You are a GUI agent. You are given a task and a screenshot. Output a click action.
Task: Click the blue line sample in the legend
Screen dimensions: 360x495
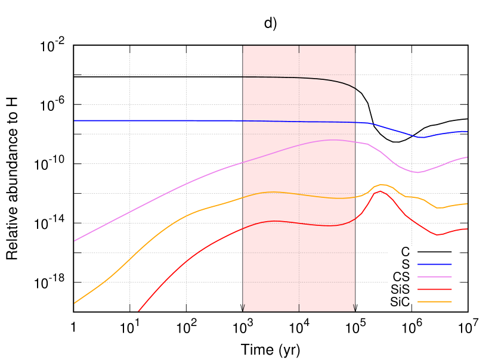pos(434,264)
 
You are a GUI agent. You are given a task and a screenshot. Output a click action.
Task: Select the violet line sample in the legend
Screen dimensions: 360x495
pos(434,277)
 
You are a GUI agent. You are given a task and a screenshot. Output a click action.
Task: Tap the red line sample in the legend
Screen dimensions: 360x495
pos(434,289)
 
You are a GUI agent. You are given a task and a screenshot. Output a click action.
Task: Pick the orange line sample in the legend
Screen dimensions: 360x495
pos(434,302)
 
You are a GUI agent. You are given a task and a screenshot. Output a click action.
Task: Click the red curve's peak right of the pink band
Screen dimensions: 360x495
pos(380,191)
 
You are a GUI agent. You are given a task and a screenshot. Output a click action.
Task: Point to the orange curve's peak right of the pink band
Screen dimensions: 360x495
pos(382,184)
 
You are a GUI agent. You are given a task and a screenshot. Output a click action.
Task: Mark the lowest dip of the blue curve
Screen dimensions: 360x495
pos(421,137)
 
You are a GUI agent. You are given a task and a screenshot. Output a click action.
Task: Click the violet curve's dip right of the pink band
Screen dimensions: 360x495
pos(417,172)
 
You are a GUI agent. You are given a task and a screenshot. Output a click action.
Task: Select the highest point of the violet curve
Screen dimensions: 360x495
pos(334,140)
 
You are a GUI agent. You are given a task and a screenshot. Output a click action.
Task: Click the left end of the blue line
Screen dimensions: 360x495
pos(74,121)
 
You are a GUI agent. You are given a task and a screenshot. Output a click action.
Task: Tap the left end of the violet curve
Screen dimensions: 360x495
pos(74,241)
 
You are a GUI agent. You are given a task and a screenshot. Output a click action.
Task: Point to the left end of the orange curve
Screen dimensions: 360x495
pos(74,303)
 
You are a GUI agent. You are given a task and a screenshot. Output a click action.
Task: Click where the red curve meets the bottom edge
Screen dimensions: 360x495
pos(138,311)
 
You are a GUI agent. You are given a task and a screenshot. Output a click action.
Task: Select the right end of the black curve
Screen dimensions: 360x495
pos(355,88)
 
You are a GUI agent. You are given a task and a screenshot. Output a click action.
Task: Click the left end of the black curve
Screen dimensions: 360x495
pos(243,77)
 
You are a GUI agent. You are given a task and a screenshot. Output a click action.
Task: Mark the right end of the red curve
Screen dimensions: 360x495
pos(467,229)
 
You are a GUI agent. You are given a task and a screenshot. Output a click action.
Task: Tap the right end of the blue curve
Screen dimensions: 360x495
pos(467,131)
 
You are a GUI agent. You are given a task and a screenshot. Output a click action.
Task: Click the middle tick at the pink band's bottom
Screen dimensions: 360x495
pos(299,308)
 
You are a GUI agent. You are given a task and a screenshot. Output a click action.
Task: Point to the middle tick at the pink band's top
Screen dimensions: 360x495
pos(299,49)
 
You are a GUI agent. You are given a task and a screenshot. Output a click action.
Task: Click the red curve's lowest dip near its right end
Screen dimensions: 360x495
pos(438,235)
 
